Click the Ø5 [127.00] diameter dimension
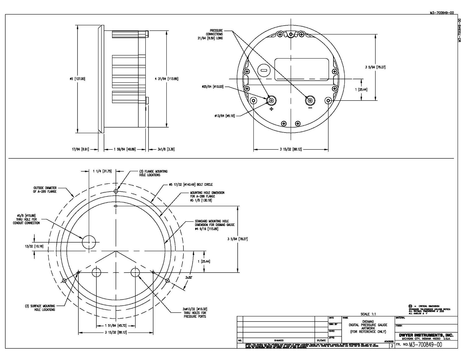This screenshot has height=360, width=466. pyautogui.click(x=77, y=79)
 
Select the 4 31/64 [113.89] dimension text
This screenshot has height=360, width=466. pyautogui.click(x=166, y=79)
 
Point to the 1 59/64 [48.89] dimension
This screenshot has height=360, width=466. pyautogui.click(x=125, y=149)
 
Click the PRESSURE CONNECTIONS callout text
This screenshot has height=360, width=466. pyautogui.click(x=214, y=34)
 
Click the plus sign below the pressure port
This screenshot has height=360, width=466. pyautogui.click(x=271, y=109)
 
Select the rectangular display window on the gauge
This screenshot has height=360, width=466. pyautogui.click(x=302, y=69)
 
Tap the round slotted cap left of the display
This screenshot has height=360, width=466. pyautogui.click(x=264, y=70)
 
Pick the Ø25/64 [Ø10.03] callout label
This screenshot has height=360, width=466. pyautogui.click(x=212, y=87)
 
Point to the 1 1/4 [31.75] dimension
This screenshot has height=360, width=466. pyautogui.click(x=102, y=171)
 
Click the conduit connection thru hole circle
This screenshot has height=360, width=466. pyautogui.click(x=89, y=242)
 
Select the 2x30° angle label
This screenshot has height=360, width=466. pyautogui.click(x=189, y=278)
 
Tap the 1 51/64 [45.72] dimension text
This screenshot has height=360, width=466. pyautogui.click(x=116, y=325)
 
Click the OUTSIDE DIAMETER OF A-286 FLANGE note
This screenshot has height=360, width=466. pyautogui.click(x=45, y=190)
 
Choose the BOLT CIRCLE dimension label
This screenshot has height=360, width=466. pyautogui.click(x=191, y=185)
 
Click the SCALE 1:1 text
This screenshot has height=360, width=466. pyautogui.click(x=368, y=314)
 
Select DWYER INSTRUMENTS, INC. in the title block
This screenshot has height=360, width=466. pyautogui.click(x=426, y=335)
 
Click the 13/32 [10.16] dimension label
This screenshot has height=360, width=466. pyautogui.click(x=34, y=246)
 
